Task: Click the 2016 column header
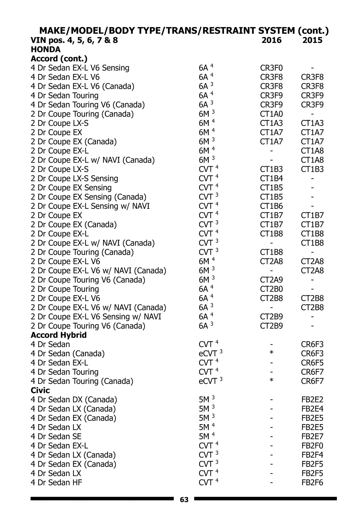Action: [x=271, y=40]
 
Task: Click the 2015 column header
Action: [x=312, y=40]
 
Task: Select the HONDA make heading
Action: [x=46, y=49]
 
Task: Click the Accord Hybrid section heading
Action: [x=59, y=335]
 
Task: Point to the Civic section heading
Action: [x=40, y=390]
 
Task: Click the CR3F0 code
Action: [x=271, y=68]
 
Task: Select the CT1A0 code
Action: [x=271, y=114]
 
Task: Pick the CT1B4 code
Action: [x=271, y=179]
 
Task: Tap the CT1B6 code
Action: [x=271, y=206]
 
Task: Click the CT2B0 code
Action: [x=271, y=289]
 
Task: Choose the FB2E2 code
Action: [x=312, y=400]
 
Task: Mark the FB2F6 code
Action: [x=312, y=483]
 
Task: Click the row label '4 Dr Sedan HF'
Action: [x=56, y=483]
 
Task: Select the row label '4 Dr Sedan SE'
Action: [x=56, y=437]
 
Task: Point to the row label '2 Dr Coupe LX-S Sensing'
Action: [x=74, y=179]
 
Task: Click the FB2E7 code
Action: [x=312, y=437]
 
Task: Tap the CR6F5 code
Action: [x=312, y=363]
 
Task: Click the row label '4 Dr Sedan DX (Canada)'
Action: [x=74, y=400]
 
